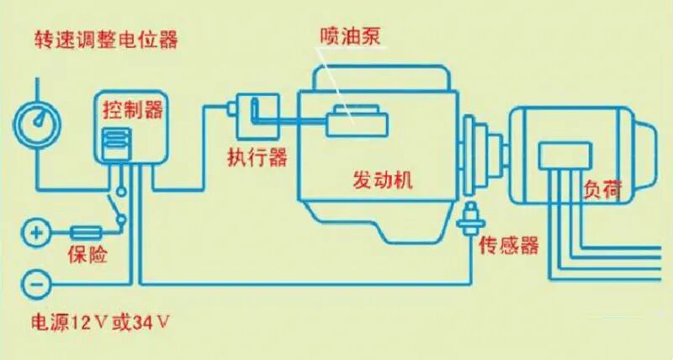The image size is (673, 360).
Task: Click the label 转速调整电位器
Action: (x=106, y=40)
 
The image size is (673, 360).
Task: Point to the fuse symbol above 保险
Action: (x=87, y=230)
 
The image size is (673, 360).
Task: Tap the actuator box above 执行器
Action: (x=257, y=116)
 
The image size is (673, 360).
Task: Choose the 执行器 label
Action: (x=257, y=157)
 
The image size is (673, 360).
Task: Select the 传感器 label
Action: (x=508, y=246)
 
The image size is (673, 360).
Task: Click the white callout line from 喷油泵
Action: (x=336, y=80)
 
